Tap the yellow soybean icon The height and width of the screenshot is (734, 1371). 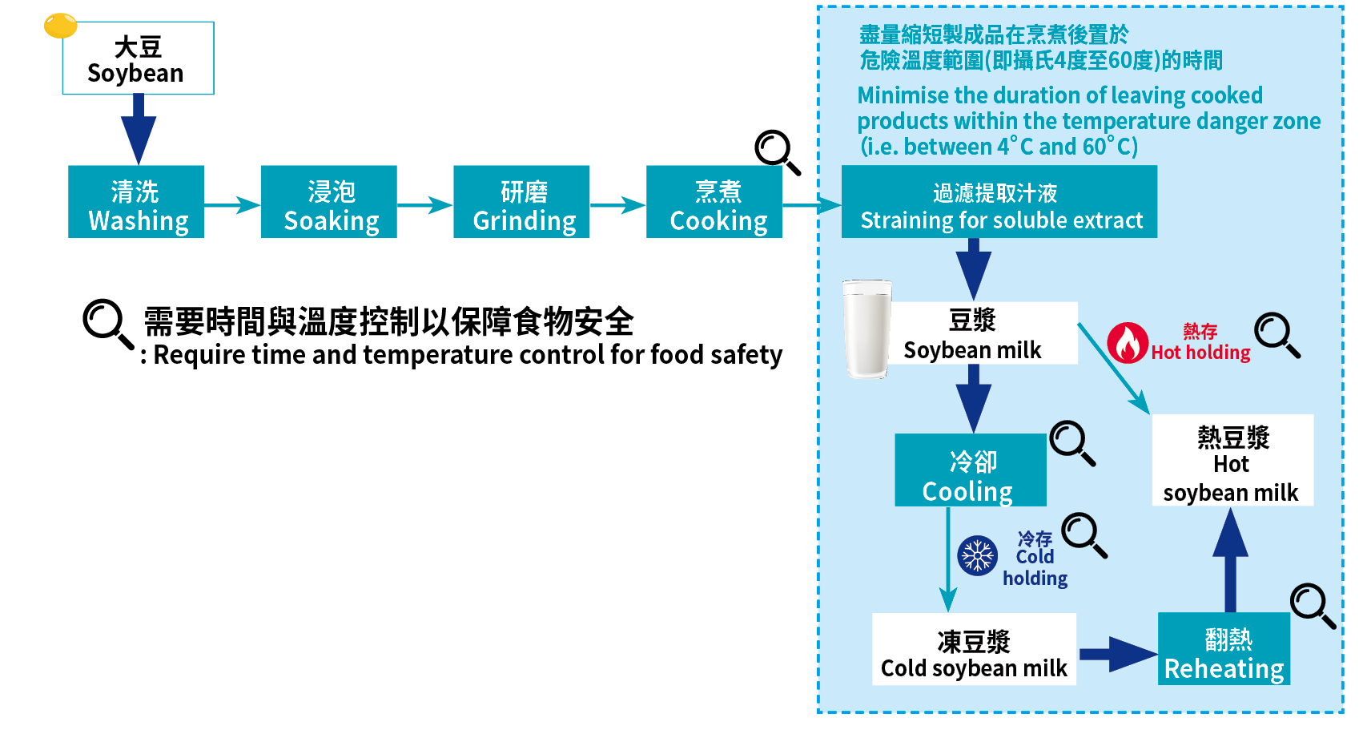tap(60, 26)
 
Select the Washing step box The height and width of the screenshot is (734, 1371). tap(136, 202)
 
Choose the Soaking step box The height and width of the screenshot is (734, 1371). tap(328, 202)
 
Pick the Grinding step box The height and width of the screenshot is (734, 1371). tap(521, 202)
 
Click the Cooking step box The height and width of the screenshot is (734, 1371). tap(714, 202)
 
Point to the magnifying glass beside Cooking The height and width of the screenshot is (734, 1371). tap(776, 151)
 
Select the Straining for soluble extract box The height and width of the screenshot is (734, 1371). tap(999, 202)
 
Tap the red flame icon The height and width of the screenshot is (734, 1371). tap(1128, 343)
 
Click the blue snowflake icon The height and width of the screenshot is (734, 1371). tap(977, 555)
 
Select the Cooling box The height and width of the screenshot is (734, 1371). tap(970, 470)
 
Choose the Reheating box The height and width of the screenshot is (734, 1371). tap(1224, 649)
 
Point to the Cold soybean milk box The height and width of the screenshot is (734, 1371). tap(974, 650)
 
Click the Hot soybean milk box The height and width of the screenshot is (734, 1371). tap(1232, 460)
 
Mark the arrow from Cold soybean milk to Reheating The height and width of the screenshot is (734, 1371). tap(1117, 654)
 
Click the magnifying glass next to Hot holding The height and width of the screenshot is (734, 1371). tap(1276, 334)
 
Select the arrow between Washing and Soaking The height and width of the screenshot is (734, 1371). tap(232, 205)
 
